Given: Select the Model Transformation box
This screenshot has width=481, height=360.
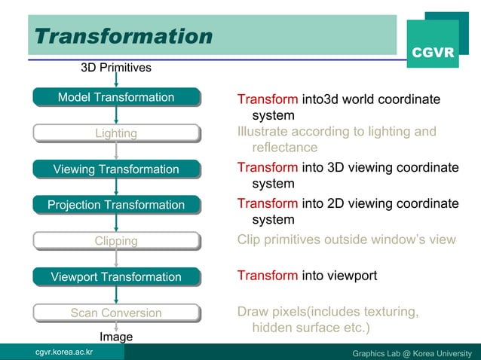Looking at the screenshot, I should coord(116,97).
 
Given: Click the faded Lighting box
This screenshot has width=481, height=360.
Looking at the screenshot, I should coord(116,133).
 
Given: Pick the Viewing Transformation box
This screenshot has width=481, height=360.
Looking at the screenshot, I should coord(116,169).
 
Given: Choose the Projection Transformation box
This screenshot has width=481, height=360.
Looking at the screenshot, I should coord(116,205).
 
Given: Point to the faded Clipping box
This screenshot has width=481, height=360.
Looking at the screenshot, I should coord(116,241).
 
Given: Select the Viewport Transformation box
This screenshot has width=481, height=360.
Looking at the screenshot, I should coord(116,277).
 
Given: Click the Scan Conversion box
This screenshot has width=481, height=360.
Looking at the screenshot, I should coord(116,313).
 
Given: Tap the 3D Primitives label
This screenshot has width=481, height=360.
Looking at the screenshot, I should coord(116,68).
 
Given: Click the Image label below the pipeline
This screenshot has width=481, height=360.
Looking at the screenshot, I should coord(116,337).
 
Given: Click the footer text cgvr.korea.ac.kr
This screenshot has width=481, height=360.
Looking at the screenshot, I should coord(59,352).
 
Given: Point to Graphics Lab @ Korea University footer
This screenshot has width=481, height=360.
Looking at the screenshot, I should coord(412,352).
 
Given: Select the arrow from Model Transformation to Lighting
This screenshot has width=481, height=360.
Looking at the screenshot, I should coord(116,115).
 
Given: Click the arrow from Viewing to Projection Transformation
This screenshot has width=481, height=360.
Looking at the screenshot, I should coord(116,188).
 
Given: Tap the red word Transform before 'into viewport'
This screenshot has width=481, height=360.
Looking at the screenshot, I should coord(268,276).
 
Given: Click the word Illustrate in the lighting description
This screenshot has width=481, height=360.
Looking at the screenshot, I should coord(266,132).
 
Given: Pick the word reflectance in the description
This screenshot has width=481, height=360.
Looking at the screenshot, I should coord(285,147).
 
